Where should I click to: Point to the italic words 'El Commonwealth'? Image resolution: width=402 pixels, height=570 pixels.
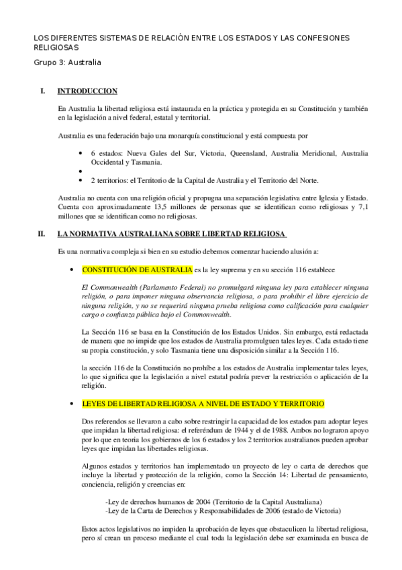(x=106, y=287)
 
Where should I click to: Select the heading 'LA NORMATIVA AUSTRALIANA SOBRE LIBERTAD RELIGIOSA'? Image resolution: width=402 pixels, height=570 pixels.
(x=172, y=234)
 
